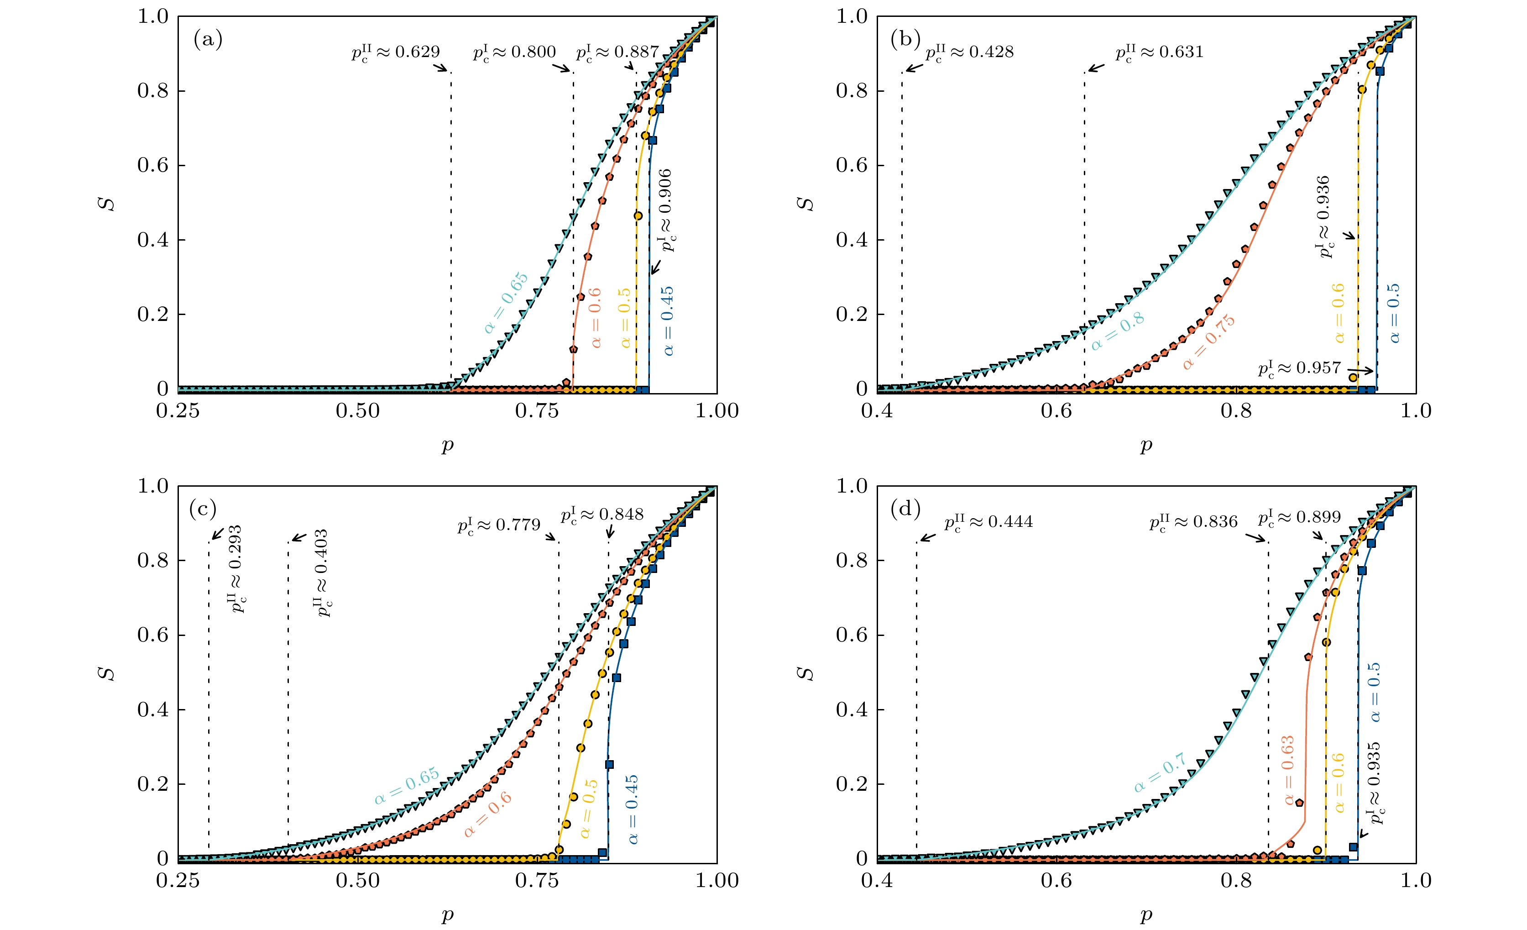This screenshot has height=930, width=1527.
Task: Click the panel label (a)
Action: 208,40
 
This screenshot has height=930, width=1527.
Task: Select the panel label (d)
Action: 905,510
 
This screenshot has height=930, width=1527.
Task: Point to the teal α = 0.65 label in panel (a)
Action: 506,302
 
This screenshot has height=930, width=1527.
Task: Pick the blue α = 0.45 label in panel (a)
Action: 668,321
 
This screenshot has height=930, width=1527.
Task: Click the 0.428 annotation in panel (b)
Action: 970,52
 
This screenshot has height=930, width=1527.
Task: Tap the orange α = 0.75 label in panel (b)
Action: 1208,342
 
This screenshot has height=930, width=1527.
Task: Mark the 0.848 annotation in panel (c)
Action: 602,515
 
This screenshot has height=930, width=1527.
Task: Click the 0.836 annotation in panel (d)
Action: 1193,522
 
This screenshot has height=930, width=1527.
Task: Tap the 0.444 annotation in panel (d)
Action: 989,522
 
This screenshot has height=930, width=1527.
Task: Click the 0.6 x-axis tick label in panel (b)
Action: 1056,410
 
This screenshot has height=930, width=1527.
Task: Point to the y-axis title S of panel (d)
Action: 805,673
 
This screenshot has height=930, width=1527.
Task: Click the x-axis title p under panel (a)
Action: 447,445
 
